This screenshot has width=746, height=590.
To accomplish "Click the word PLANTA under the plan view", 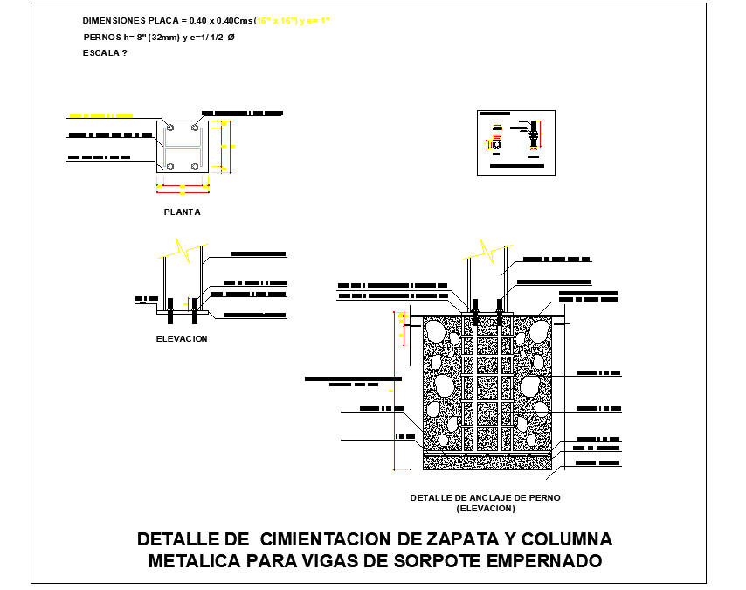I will (x=182, y=212).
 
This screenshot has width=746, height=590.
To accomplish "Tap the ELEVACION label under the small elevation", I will (x=182, y=338).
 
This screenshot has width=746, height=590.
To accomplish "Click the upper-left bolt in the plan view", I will (x=169, y=129).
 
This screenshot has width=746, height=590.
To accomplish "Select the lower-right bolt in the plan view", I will (x=195, y=165).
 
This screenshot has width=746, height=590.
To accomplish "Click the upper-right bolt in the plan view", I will (x=195, y=129).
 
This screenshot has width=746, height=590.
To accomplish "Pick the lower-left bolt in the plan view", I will (x=169, y=165).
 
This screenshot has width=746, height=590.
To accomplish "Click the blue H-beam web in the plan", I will (x=183, y=147).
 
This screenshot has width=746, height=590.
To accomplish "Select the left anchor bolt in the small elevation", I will (x=170, y=306).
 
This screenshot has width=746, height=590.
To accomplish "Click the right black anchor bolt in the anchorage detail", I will (x=500, y=312).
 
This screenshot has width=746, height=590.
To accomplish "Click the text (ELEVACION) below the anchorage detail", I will (x=485, y=508).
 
